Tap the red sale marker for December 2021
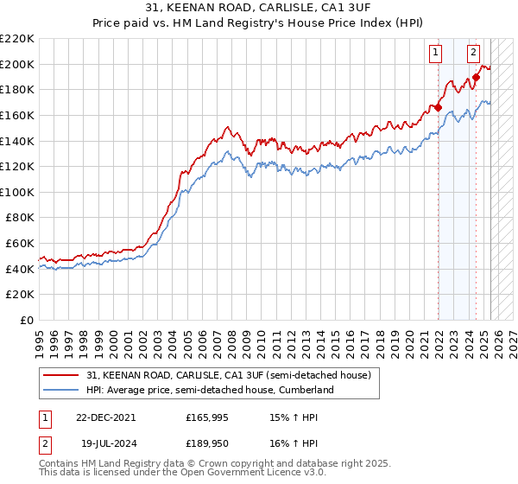(x=439, y=107)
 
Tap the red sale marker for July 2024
(x=476, y=77)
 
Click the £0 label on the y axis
(x=26, y=320)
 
